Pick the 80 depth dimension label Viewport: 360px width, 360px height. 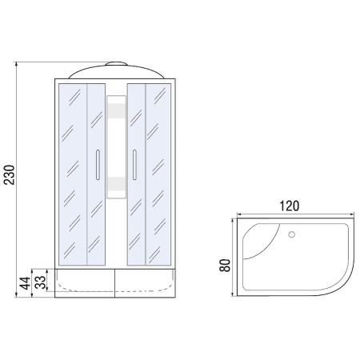coord(225,263)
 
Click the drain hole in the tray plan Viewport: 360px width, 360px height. coord(291,236)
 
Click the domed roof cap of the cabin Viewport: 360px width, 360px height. coord(116,70)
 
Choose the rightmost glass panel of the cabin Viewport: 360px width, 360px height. coord(159,172)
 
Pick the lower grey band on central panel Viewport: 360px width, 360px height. coord(116,186)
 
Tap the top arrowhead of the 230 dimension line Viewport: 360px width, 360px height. coord(17,62)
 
